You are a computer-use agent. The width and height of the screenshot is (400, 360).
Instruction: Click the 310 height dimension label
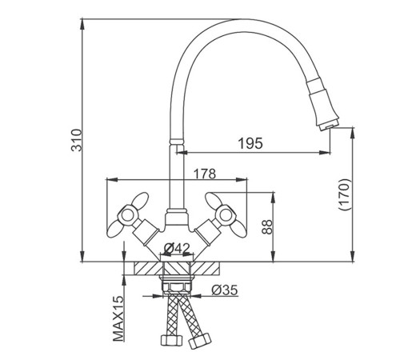pyautogui.click(x=77, y=140)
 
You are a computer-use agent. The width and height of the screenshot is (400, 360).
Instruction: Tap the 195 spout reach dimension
pyautogui.click(x=250, y=143)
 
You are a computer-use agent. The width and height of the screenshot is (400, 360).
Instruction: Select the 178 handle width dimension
pyautogui.click(x=204, y=174)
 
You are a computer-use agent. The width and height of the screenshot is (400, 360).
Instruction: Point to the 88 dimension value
pyautogui.click(x=267, y=226)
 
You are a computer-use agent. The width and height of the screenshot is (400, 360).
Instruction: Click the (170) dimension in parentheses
pyautogui.click(x=343, y=194)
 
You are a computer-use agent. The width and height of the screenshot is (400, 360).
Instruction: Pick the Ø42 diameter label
pyautogui.click(x=177, y=249)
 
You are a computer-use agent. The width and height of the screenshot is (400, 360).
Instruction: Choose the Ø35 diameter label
pyautogui.click(x=225, y=290)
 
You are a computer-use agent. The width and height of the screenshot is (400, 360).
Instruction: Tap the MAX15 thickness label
pyautogui.click(x=118, y=318)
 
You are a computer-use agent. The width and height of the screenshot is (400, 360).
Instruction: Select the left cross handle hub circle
pyautogui.click(x=126, y=215)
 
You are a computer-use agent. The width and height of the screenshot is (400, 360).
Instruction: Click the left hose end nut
pyautogui.click(x=171, y=340)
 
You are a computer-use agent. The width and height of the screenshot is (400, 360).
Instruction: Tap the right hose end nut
pyautogui.click(x=199, y=340)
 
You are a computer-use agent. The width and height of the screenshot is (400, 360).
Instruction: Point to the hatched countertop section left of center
pyautogui.click(x=147, y=268)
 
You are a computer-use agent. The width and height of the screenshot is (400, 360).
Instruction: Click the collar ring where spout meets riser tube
pyautogui.click(x=177, y=142)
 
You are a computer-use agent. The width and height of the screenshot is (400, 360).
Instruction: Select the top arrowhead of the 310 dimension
pyautogui.click(x=82, y=23)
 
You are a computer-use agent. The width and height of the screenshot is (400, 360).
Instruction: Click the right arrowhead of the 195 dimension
pyautogui.click(x=325, y=153)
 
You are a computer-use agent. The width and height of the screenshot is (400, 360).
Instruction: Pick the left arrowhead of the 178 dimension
pyautogui.click(x=112, y=179)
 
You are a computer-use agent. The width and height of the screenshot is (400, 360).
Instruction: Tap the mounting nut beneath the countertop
pyautogui.click(x=176, y=287)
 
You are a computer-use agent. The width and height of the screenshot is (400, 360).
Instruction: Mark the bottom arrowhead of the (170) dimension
pyautogui.click(x=353, y=257)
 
